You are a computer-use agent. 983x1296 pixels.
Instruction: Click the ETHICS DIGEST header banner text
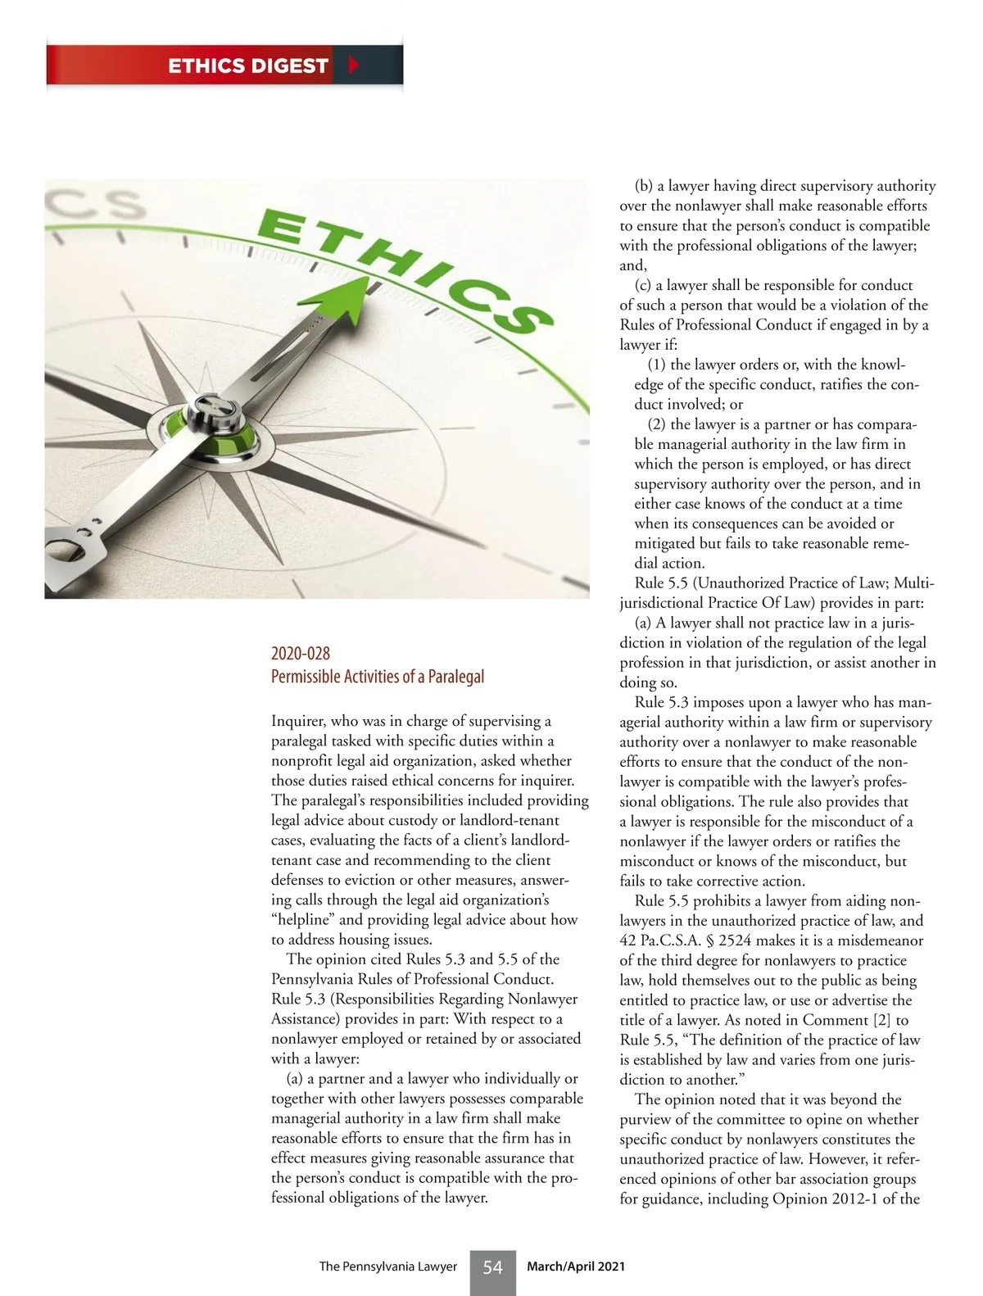[247, 66]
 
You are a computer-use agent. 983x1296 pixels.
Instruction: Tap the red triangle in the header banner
[354, 66]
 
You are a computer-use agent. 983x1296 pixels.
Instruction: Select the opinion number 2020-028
[301, 654]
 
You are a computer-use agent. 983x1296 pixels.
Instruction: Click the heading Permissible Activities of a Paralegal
[378, 677]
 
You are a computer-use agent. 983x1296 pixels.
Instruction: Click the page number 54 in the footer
[492, 1267]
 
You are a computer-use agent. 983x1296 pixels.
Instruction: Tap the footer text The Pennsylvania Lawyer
[387, 1267]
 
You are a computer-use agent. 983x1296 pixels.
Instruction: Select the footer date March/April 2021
[576, 1267]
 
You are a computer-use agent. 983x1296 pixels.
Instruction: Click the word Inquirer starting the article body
[298, 721]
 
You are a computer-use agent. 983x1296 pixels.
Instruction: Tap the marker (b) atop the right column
[643, 186]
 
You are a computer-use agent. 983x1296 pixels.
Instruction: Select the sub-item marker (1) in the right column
[657, 365]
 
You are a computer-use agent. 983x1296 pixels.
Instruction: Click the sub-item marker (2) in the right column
[657, 424]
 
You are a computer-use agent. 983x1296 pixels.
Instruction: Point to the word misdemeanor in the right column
[879, 940]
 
